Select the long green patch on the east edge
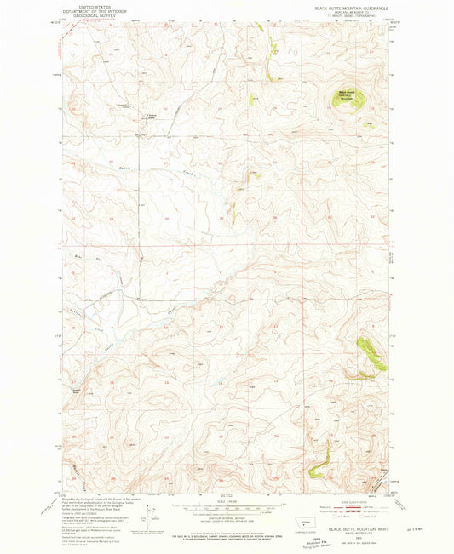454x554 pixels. click(x=369, y=350)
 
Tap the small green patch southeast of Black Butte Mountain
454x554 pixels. click(x=369, y=124)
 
